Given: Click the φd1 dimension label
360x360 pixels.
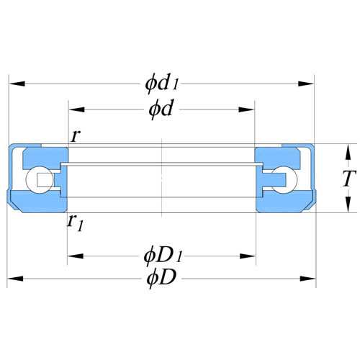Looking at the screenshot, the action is pos(162,83).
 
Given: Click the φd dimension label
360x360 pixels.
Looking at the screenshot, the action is pos(161,109).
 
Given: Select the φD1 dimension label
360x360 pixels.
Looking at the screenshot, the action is pos(163,256).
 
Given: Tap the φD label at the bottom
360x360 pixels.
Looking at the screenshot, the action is pos(161,279).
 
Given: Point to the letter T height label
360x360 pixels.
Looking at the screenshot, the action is pos(349,179).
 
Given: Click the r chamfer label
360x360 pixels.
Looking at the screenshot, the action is pos(75,136).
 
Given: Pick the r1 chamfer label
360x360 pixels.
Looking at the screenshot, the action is pos(75,223).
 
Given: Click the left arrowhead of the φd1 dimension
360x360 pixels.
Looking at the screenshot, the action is pos(17,84).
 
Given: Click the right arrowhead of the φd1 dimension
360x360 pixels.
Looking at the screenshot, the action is pos(306,84).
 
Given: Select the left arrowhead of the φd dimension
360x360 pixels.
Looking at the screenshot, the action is pos(77,109).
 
